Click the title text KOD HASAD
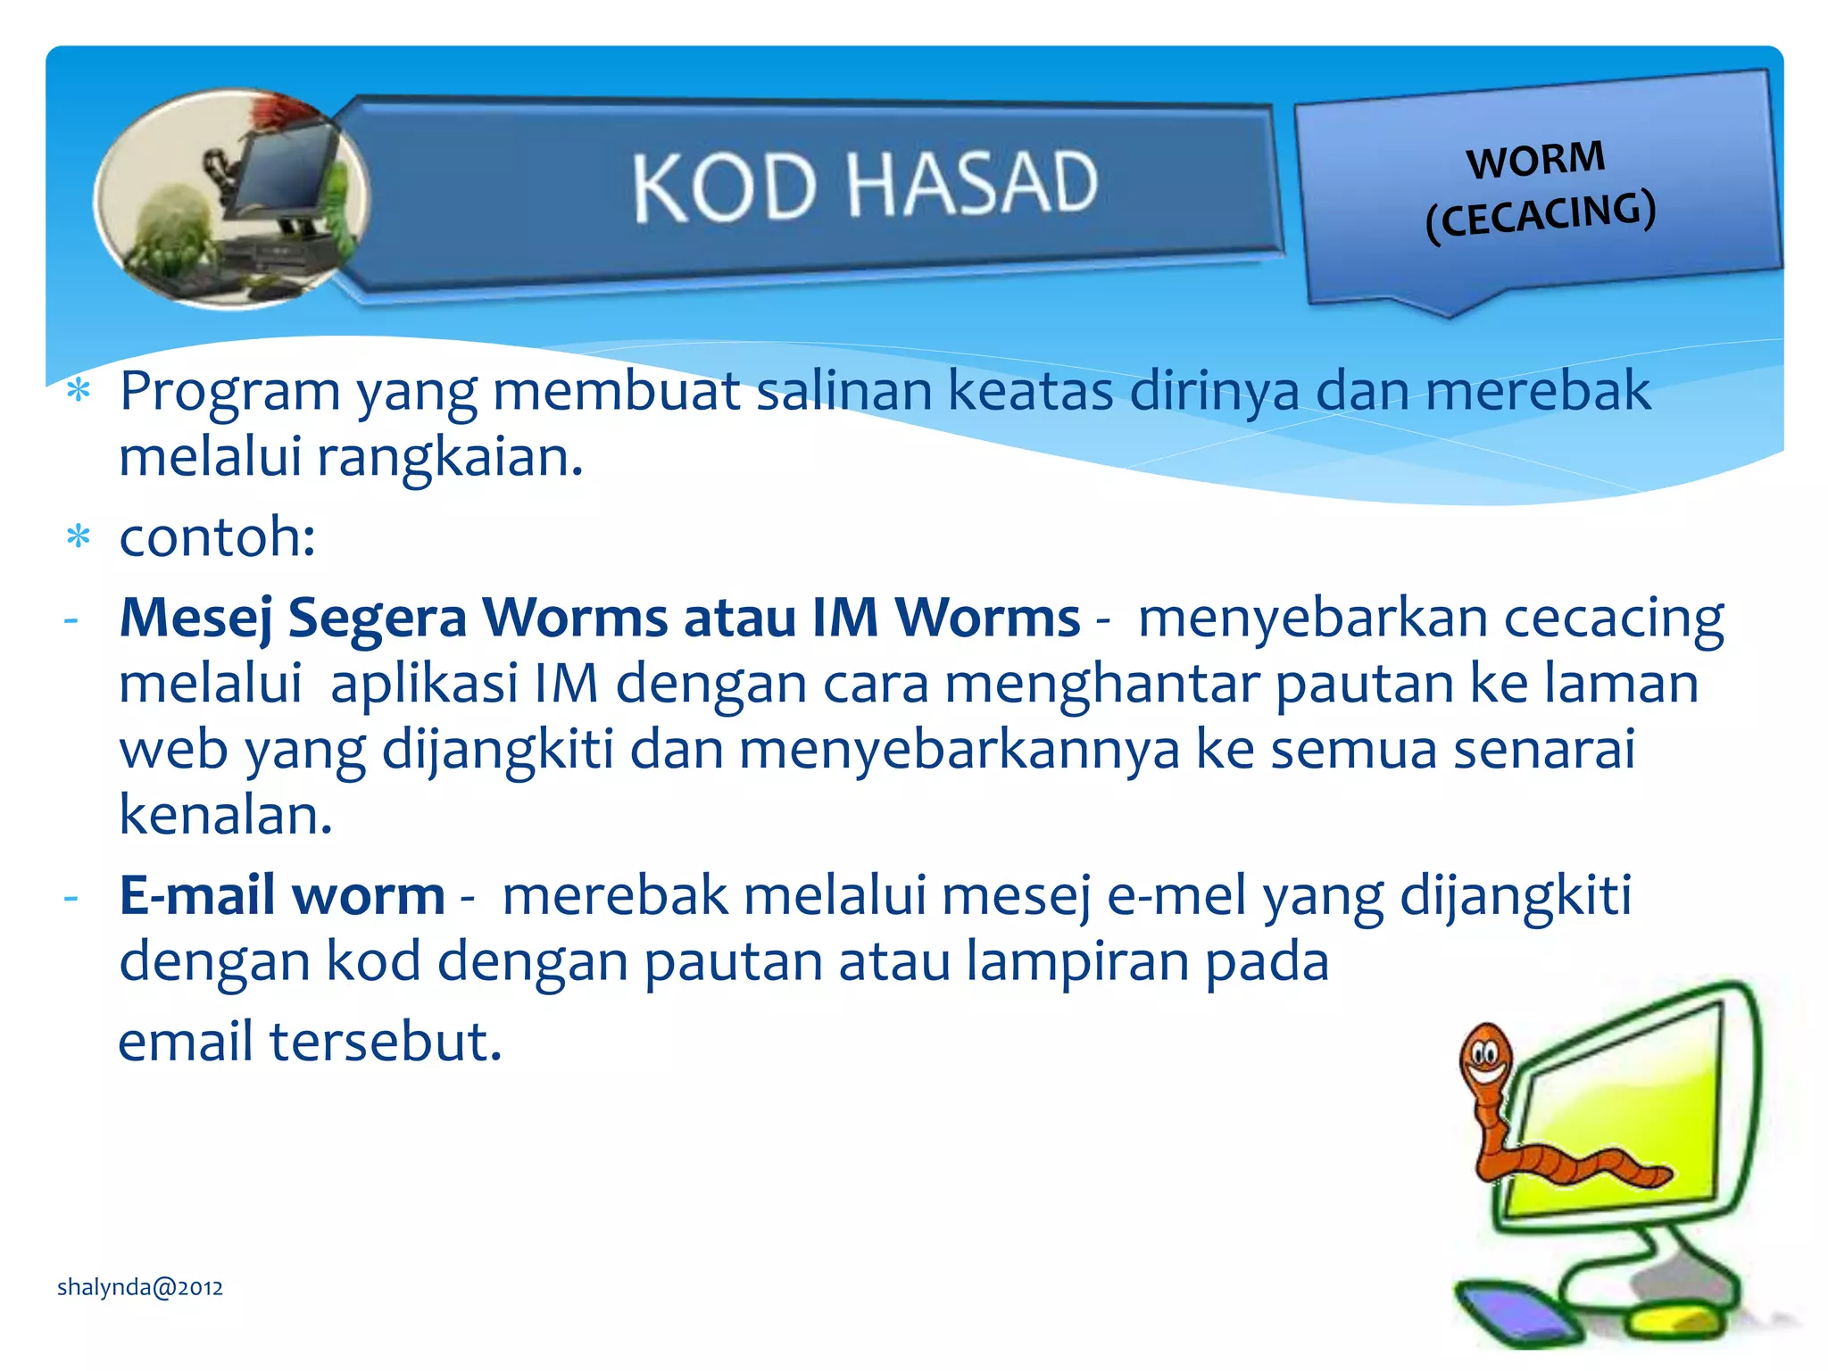864,185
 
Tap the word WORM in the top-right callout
1535,160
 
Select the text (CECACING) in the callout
1541,215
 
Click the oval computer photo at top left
231,198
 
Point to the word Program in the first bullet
230,391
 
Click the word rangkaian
449,457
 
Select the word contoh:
217,537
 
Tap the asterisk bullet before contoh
79,538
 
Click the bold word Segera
378,618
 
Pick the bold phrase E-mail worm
282,895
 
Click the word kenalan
225,814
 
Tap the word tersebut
386,1042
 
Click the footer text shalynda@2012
140,1287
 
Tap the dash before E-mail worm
71,895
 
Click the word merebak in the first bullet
1537,391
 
